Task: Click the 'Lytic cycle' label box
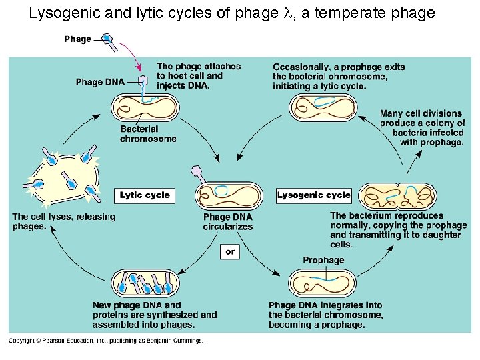[145, 195]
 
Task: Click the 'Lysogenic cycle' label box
[314, 195]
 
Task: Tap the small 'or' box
[229, 252]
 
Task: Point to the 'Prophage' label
[323, 260]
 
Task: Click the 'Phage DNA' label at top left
[99, 82]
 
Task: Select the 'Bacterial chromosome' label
[148, 134]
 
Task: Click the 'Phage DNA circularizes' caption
[228, 222]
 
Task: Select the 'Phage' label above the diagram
[77, 39]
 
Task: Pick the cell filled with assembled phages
[145, 283]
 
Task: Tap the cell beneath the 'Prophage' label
[323, 282]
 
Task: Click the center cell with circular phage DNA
[229, 195]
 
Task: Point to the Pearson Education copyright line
[106, 341]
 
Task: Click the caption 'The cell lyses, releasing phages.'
[63, 221]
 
